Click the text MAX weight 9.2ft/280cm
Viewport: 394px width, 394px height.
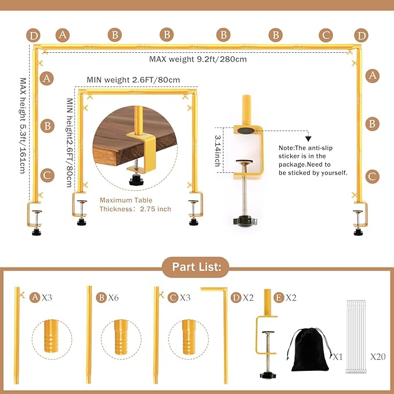point(198,59)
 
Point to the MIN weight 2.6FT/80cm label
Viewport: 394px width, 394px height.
point(133,79)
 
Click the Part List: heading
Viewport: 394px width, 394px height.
point(197,268)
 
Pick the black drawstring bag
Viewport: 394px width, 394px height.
point(309,349)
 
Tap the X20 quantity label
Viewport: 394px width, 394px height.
point(378,355)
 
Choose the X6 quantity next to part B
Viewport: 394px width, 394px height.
point(114,298)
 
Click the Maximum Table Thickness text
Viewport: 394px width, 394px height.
point(135,204)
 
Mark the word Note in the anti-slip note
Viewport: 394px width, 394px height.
point(287,148)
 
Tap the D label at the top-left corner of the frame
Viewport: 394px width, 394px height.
point(34,36)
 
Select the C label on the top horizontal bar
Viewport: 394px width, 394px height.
point(326,35)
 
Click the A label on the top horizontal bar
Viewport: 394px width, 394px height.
point(62,35)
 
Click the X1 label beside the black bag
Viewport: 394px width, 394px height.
point(338,355)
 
